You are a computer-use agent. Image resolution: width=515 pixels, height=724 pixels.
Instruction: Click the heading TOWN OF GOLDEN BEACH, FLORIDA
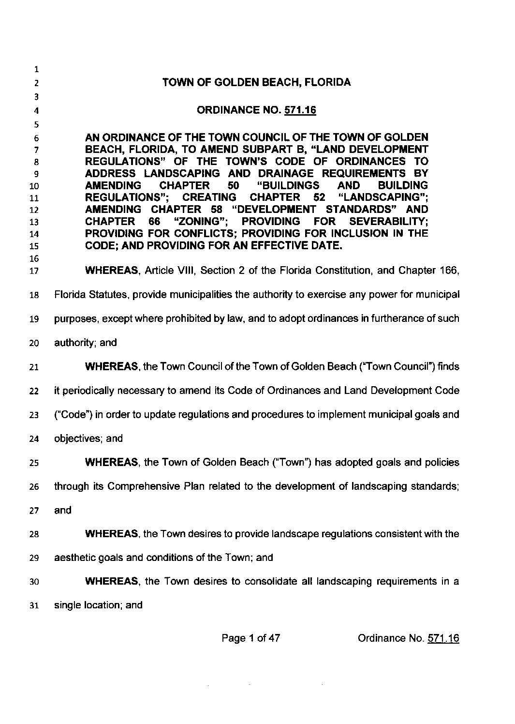(257, 82)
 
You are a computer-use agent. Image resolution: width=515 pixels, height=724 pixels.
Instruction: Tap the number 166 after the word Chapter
(448, 271)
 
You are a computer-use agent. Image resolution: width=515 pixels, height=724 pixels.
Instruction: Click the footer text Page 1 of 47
(250, 638)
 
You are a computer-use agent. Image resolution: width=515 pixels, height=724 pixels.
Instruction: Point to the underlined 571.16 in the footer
(443, 638)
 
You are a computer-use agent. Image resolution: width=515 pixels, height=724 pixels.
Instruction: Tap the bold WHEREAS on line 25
(112, 463)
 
